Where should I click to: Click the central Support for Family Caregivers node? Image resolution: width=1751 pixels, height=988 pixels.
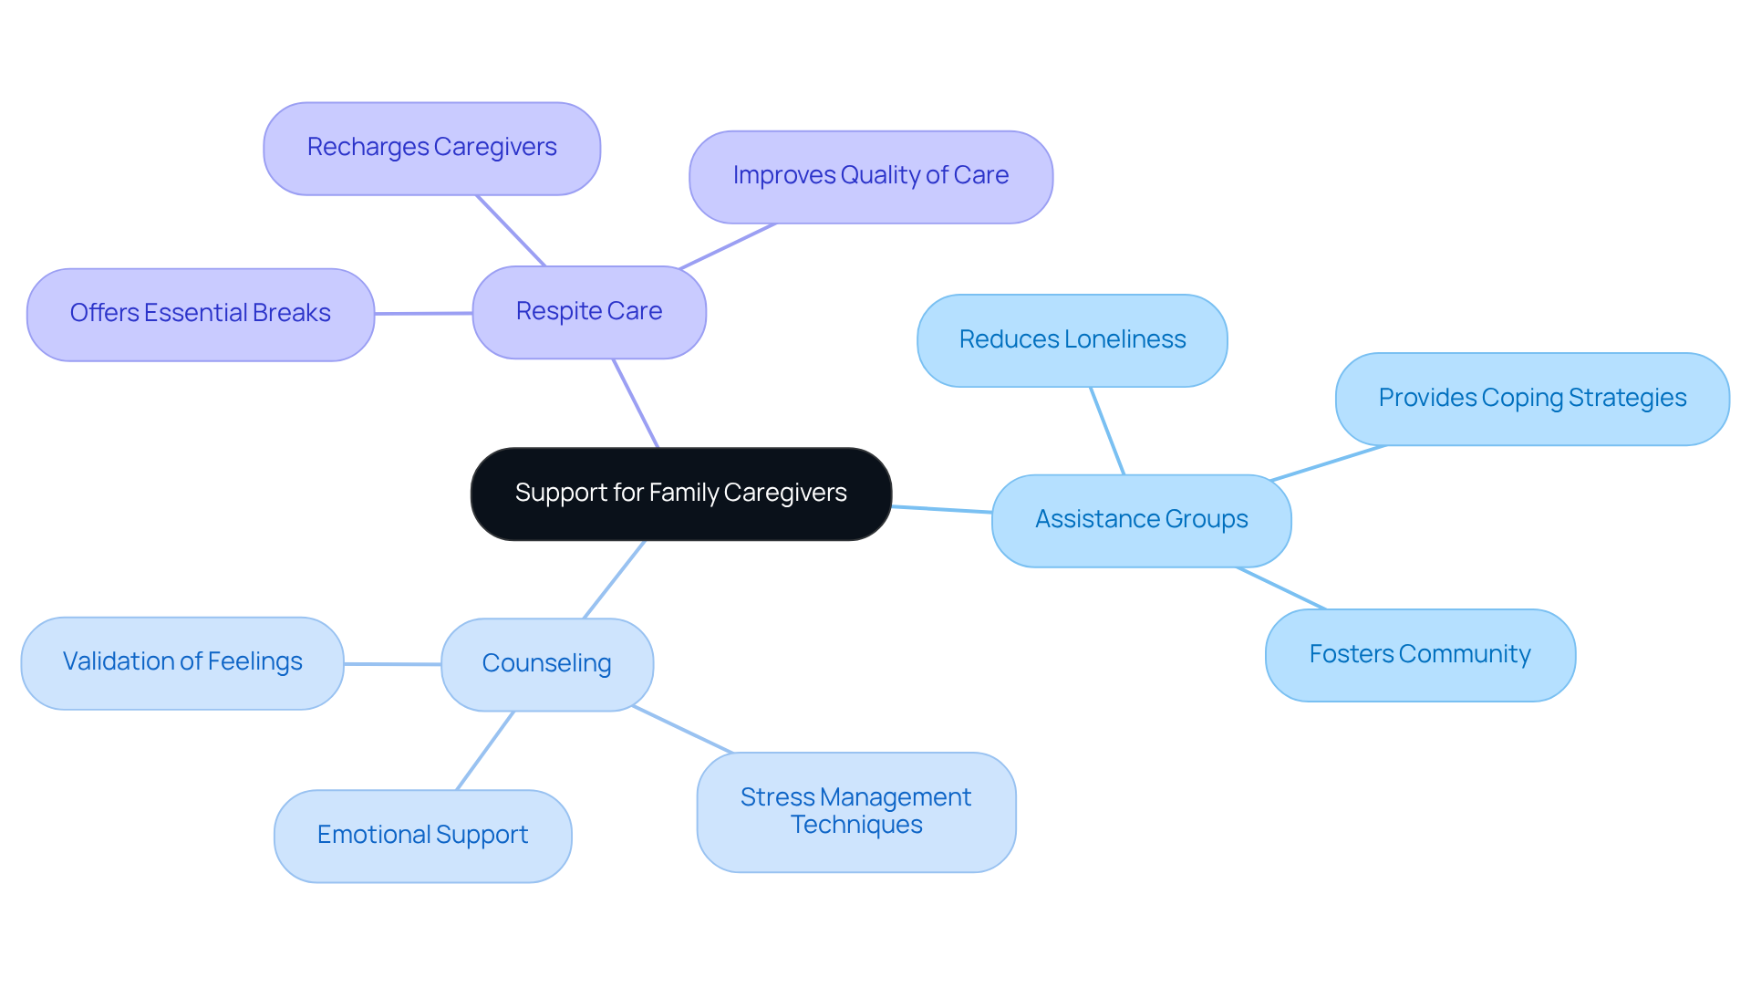(x=680, y=494)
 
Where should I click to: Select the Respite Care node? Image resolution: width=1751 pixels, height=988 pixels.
(x=589, y=312)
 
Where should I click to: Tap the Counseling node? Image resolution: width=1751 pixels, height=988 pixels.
(x=546, y=664)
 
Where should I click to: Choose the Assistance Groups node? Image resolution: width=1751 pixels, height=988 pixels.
(x=1141, y=520)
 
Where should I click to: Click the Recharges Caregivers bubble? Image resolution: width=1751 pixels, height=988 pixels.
(x=431, y=148)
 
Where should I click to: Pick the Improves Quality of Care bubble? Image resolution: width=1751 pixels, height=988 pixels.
(x=870, y=176)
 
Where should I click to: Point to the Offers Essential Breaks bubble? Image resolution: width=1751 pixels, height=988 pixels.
(x=200, y=314)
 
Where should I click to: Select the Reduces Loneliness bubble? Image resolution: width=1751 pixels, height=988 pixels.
(x=1072, y=340)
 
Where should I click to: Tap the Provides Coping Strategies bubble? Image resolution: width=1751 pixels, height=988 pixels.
(x=1531, y=399)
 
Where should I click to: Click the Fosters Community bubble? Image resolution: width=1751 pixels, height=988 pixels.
(x=1419, y=655)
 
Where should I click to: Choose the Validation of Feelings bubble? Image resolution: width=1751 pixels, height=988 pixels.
(x=182, y=662)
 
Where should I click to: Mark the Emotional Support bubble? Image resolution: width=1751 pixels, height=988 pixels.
(x=422, y=836)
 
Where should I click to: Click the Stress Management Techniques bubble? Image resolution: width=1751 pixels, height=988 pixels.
(x=855, y=812)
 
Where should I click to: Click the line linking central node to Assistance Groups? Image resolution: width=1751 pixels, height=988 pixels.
(x=941, y=509)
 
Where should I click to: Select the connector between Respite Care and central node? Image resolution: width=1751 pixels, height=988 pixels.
(x=636, y=403)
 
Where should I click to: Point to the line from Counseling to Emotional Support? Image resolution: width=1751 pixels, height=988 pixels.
(x=485, y=750)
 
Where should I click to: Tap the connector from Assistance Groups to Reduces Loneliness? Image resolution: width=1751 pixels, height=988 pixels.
(x=1107, y=431)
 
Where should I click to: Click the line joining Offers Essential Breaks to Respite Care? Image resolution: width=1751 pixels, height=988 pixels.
(x=423, y=313)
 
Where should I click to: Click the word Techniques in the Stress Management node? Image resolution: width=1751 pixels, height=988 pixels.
(x=856, y=826)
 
